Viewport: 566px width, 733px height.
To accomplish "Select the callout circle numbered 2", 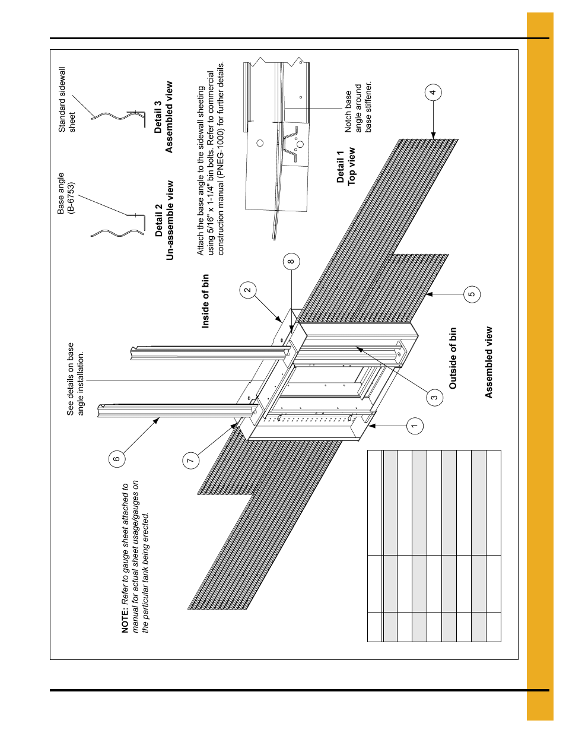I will [x=248, y=290].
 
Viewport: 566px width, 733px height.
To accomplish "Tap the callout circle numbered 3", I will [x=434, y=398].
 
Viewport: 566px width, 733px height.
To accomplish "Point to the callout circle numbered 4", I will [x=433, y=92].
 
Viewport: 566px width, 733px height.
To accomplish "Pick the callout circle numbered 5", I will [x=472, y=294].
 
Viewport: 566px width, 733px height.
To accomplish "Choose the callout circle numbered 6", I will [x=117, y=458].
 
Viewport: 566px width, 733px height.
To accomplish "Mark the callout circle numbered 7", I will [x=190, y=460].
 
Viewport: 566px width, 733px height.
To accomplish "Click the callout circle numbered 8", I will [x=291, y=261].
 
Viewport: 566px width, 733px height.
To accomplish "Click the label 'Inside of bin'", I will [x=205, y=300].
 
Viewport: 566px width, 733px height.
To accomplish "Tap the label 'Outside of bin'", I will [x=453, y=358].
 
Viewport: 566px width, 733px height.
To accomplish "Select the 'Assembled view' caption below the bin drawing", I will [x=488, y=362].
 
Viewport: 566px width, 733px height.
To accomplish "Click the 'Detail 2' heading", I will [x=158, y=221].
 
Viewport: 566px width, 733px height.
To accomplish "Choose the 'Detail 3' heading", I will [x=158, y=117].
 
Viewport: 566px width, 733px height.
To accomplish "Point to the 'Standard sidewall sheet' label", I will [x=66, y=99].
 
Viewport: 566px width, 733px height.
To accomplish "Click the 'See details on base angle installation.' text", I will [x=75, y=379].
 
